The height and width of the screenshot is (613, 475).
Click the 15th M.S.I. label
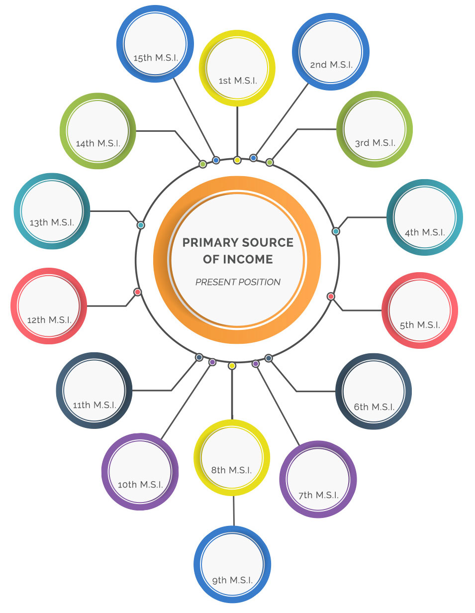(156, 58)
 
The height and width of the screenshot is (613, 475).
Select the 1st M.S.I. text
(238, 81)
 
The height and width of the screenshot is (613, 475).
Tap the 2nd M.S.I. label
(331, 65)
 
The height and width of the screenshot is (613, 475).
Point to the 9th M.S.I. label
(232, 580)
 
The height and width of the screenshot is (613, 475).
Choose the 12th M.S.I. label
(49, 320)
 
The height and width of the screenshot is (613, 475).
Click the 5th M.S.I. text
(420, 325)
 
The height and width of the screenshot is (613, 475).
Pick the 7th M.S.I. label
(318, 495)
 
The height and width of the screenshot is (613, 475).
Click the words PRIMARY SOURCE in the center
(238, 243)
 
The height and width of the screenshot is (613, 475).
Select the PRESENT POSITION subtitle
(238, 282)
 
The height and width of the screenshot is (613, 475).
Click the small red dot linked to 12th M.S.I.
(138, 292)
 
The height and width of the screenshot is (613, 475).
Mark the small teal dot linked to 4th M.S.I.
(336, 231)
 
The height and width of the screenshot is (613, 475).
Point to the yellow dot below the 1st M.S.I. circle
(237, 160)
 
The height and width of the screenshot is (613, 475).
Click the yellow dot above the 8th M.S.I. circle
(232, 366)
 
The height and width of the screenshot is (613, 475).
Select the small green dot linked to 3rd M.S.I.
(270, 162)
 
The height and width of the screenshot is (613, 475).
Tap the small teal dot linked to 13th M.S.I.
(141, 225)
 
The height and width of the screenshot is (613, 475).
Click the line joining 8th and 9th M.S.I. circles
(234, 511)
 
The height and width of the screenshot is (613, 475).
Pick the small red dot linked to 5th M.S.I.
(331, 296)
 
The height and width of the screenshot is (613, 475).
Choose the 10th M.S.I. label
(140, 485)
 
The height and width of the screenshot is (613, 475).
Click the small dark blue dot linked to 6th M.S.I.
(269, 358)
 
